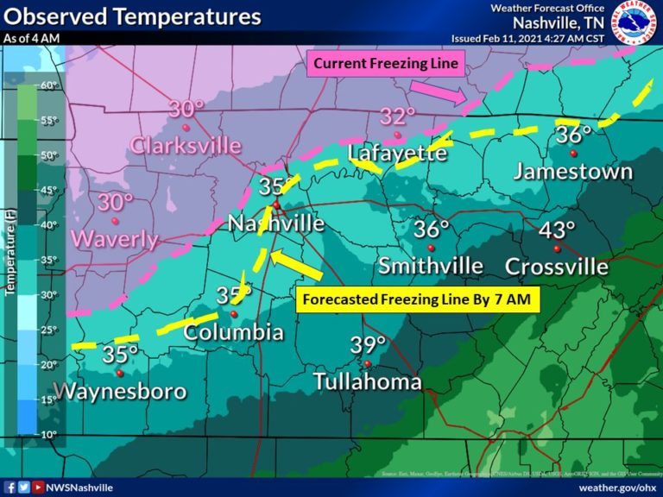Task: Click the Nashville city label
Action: (x=276, y=223)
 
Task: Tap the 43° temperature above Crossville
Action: (x=558, y=230)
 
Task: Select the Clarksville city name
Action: (x=186, y=145)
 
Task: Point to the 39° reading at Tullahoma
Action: (x=368, y=346)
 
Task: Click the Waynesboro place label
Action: (x=120, y=391)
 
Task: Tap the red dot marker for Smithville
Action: (x=431, y=248)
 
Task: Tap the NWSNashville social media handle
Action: (x=78, y=488)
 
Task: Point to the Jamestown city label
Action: (x=573, y=171)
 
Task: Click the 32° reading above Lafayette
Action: (x=398, y=116)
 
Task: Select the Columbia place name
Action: (x=233, y=332)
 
